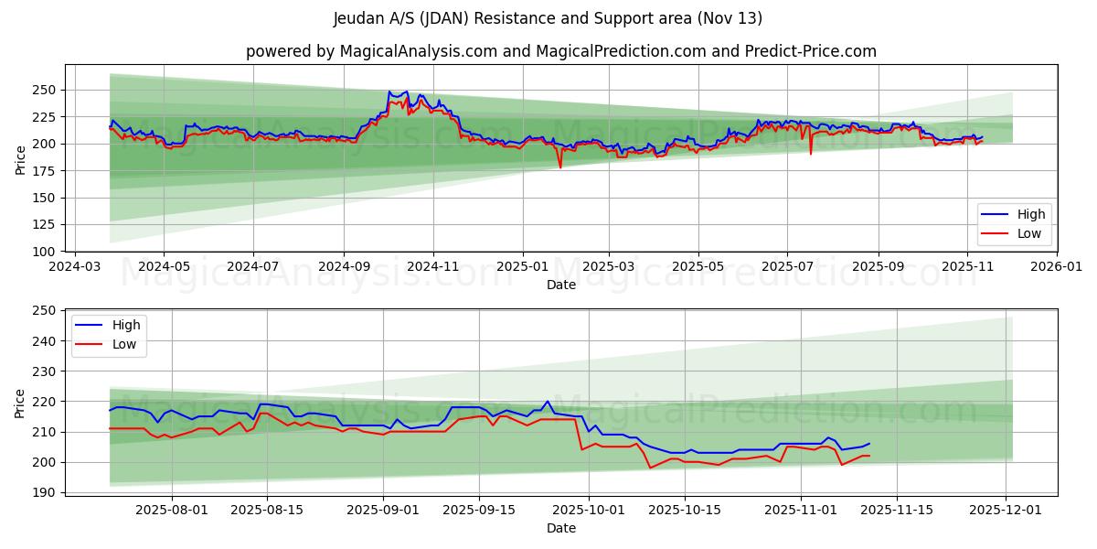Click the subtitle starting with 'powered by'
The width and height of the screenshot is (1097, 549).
click(x=561, y=51)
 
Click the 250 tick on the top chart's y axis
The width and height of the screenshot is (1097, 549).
click(x=46, y=90)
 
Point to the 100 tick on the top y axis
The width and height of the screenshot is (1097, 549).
click(x=46, y=252)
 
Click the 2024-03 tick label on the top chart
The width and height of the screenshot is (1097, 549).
click(x=74, y=268)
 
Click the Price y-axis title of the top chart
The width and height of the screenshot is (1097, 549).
click(x=20, y=160)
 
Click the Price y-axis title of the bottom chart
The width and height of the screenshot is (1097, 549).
click(x=20, y=403)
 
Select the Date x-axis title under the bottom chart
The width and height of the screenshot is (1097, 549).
click(x=561, y=529)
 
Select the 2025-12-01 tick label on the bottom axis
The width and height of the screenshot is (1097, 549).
click(x=1006, y=510)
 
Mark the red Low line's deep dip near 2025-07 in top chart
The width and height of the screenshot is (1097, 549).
click(x=810, y=153)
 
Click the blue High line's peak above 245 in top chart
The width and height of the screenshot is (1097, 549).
click(x=389, y=91)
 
